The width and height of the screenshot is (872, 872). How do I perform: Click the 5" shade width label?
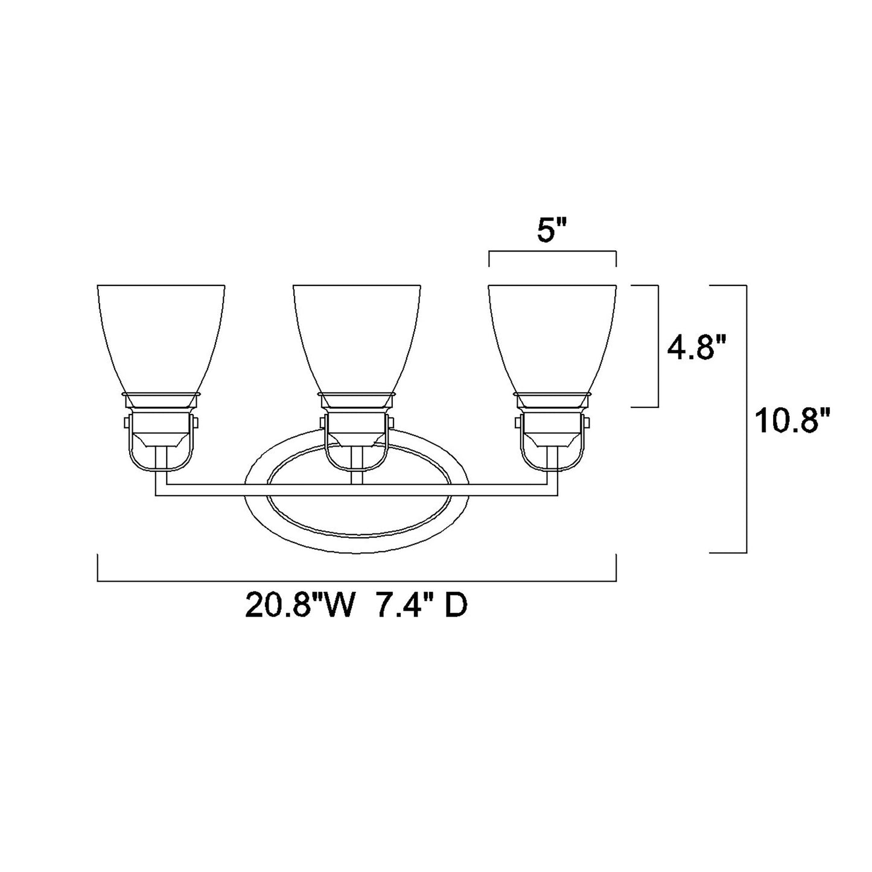pos(552,233)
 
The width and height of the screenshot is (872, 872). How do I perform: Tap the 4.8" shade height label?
pos(696,348)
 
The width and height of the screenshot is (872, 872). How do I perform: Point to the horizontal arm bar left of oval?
pos(199,490)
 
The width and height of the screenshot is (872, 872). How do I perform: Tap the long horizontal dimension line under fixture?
pos(356,582)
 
